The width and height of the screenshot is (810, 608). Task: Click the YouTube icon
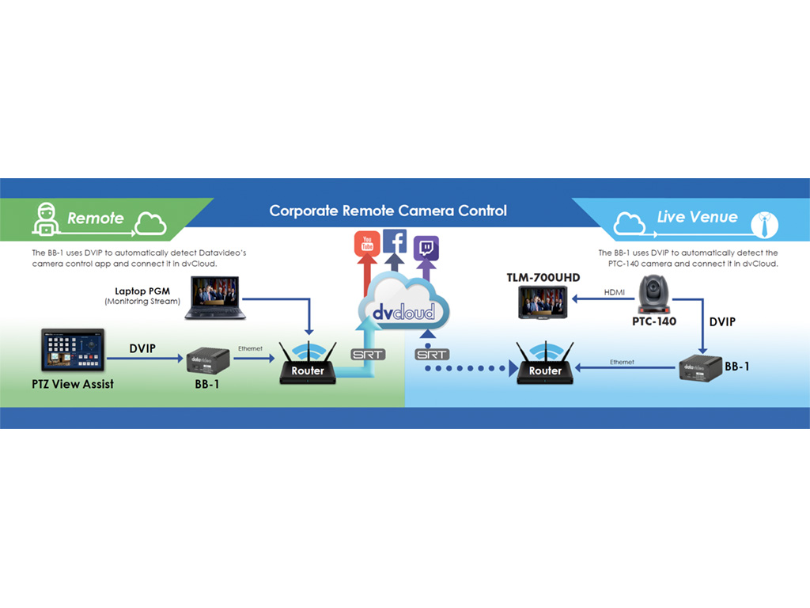coord(367,245)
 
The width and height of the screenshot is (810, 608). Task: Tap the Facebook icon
coord(395,241)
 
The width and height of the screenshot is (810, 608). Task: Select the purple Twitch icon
coord(426,249)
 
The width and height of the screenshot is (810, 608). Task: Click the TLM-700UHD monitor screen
coord(542,302)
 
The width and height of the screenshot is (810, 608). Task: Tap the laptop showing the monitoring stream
coord(215,298)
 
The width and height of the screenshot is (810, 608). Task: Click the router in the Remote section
coord(308,364)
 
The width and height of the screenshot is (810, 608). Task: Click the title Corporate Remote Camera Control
coord(388,211)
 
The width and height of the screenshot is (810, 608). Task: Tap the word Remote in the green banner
coord(96,218)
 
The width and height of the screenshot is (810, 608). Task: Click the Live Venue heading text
coord(697,217)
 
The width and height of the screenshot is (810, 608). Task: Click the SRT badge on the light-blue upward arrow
coord(368,354)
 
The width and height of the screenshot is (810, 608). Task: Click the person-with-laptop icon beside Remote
coord(44,218)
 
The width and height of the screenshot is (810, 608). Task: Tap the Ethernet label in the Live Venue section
coord(622,362)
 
